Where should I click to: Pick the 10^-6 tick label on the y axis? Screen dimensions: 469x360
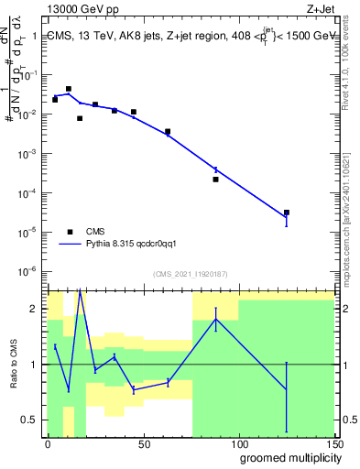(x=28, y=271)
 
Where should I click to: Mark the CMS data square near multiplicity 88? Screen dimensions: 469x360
(x=215, y=180)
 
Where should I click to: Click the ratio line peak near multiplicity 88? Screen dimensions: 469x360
(x=215, y=318)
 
